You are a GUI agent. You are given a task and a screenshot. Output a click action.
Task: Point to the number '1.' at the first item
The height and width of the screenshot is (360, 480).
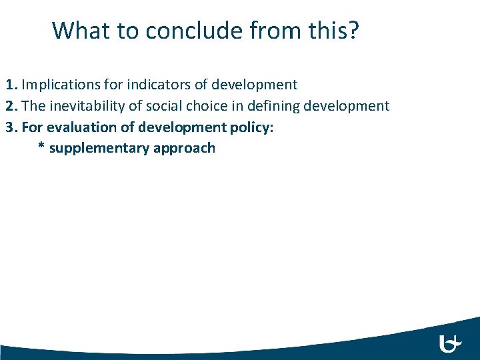point(12,85)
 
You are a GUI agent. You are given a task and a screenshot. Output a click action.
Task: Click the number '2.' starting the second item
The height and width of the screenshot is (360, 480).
point(12,105)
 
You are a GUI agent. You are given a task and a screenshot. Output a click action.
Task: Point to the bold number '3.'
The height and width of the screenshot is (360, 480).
point(12,127)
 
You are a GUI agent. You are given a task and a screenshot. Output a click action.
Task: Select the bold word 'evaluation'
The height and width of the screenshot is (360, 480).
point(75,127)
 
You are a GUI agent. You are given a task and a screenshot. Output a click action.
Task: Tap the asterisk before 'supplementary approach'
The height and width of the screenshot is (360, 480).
point(41,148)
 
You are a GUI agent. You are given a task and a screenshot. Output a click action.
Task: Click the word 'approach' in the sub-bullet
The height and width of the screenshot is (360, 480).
point(184,148)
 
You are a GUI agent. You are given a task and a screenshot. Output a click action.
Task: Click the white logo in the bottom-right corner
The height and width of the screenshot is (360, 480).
point(451,343)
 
